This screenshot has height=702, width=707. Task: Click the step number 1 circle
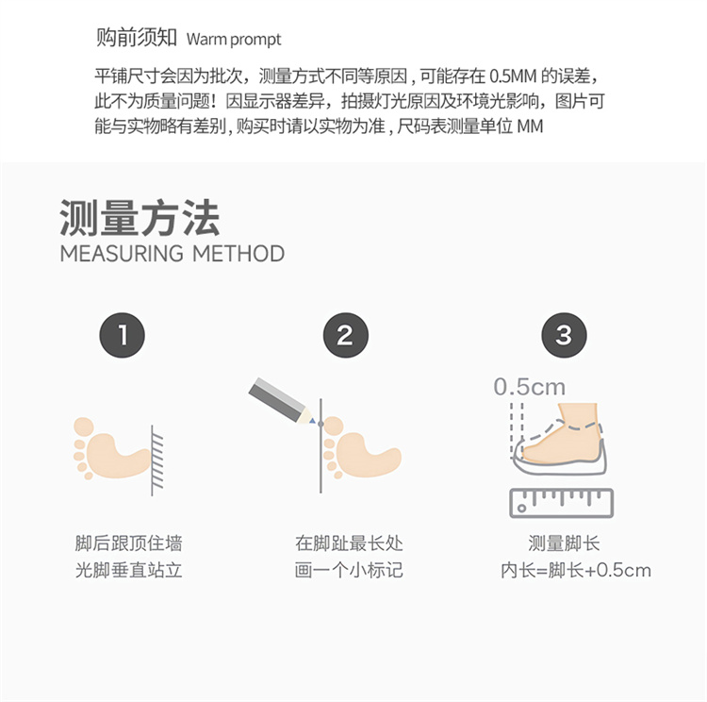pyautogui.click(x=123, y=335)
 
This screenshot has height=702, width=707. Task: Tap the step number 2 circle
pyautogui.click(x=346, y=335)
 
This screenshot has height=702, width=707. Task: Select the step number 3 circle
pyautogui.click(x=564, y=335)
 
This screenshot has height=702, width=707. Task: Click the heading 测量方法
pyautogui.click(x=140, y=218)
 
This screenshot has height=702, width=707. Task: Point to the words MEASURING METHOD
pyautogui.click(x=173, y=254)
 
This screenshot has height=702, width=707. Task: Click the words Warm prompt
pyautogui.click(x=234, y=40)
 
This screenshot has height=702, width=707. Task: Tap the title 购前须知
pyautogui.click(x=136, y=37)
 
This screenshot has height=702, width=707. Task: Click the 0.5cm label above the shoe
pyautogui.click(x=530, y=387)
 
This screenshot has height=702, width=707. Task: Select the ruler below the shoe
pyautogui.click(x=562, y=503)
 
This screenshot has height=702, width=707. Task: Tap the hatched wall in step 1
pyautogui.click(x=156, y=460)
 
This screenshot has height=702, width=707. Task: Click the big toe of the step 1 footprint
pyautogui.click(x=84, y=426)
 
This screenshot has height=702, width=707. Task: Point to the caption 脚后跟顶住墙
pyautogui.click(x=128, y=543)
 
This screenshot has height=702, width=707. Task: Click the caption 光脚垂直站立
pyautogui.click(x=128, y=570)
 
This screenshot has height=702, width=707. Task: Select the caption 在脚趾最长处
pyautogui.click(x=349, y=543)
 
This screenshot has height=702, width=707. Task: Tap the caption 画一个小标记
pyautogui.click(x=349, y=570)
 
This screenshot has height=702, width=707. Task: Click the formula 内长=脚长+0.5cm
pyautogui.click(x=576, y=571)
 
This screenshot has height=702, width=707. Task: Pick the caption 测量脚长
pyautogui.click(x=564, y=543)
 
